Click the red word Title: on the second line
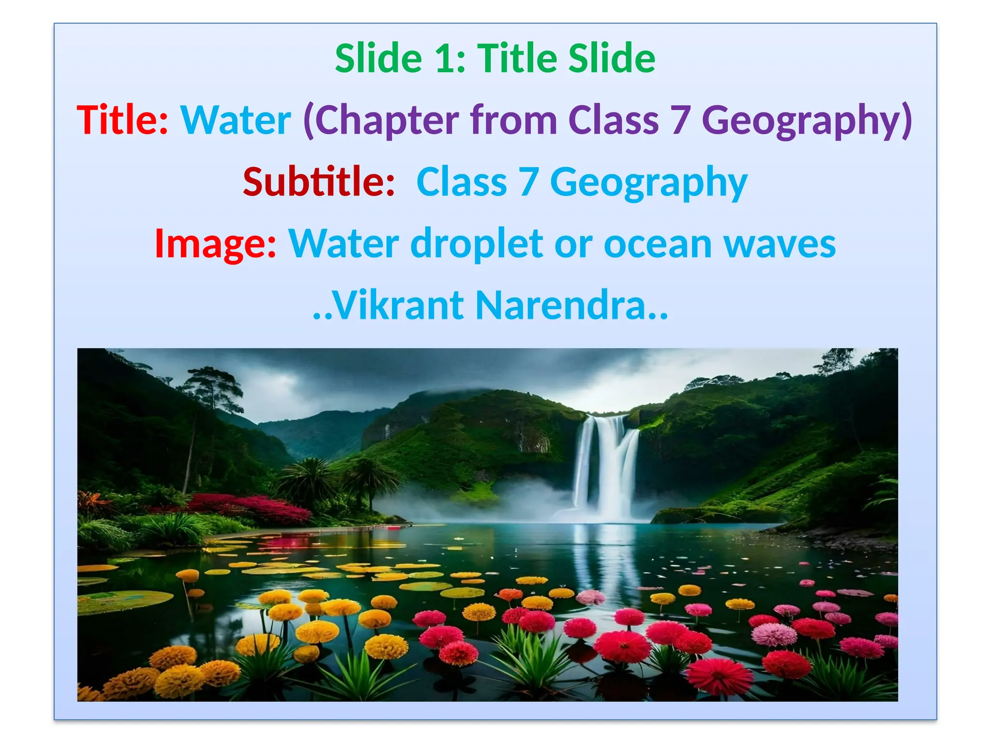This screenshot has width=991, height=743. tap(122, 120)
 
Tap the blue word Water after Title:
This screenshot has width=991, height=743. tap(236, 120)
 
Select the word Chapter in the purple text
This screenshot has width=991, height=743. tap(387, 120)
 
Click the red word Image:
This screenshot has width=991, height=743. tap(215, 244)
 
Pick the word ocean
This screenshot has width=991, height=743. tap(658, 244)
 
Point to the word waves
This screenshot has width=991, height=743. tap(779, 244)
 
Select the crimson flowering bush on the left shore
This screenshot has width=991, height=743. tap(252, 508)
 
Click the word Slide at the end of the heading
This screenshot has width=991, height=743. tap(612, 59)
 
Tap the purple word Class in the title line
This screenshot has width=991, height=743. tap(613, 120)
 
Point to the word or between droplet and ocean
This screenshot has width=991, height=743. tap(573, 244)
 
